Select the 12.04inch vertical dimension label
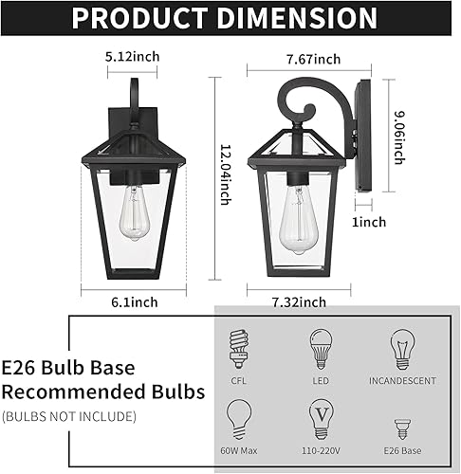tap(224, 180)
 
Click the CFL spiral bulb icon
tap(237, 348)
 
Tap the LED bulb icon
tap(318, 348)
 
